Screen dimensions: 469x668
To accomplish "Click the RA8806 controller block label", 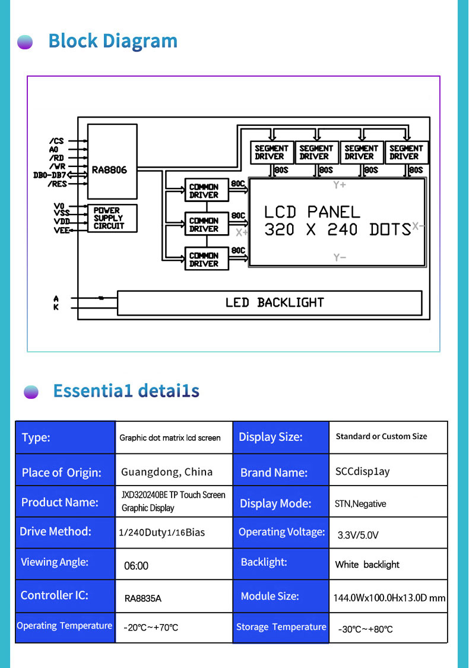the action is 109,170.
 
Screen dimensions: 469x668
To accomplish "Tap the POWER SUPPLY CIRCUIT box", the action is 112,218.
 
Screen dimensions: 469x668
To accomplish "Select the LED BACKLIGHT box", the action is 270,303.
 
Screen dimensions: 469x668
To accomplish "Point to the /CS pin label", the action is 56,141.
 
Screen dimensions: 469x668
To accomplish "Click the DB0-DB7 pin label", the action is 50,175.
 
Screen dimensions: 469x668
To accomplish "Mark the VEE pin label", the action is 61,230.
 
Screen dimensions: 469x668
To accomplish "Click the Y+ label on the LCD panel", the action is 340,185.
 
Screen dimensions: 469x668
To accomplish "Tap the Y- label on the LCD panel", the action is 340,257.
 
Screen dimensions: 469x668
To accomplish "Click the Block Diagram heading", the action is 113,41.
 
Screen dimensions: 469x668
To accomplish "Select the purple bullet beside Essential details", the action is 31,392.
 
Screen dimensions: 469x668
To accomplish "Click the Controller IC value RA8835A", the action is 143,598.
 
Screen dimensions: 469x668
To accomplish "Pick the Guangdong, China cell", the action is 167,472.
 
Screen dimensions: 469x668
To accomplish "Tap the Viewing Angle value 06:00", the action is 136,566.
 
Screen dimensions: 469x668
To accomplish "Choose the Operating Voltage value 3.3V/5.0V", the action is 358,535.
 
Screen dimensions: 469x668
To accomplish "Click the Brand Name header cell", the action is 281,470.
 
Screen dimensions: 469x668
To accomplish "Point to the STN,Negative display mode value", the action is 360,503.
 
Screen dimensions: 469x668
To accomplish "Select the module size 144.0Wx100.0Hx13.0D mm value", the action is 389,598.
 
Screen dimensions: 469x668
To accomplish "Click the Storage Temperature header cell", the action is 281,628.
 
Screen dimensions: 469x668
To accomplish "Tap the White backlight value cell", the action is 367,565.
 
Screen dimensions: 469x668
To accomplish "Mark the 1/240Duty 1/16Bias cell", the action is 161,532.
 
